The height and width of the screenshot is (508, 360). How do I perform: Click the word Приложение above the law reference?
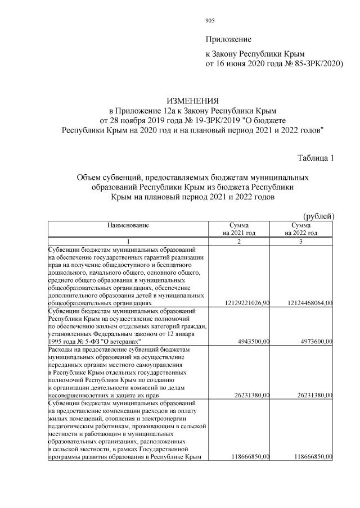click(x=228, y=40)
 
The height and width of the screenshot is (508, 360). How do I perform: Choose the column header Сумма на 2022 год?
click(x=301, y=229)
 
